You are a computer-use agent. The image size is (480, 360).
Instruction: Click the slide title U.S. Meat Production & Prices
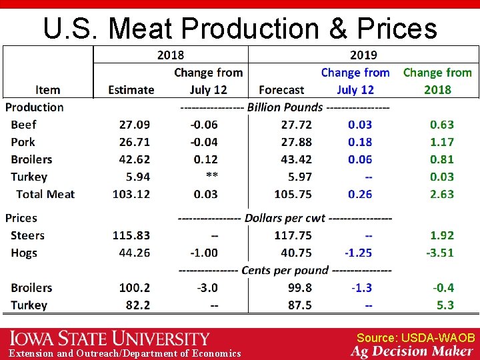tap(240, 28)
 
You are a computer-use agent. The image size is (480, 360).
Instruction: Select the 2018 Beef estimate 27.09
tap(135, 125)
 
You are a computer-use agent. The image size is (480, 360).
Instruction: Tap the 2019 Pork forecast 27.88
tap(296, 142)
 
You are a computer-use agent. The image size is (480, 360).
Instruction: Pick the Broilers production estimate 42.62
tap(135, 159)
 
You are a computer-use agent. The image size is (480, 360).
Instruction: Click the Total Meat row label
tap(45, 194)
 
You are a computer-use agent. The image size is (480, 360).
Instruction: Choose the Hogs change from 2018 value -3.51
tap(440, 253)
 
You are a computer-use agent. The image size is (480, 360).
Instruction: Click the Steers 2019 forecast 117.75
tap(293, 235)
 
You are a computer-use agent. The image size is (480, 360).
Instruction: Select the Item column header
tap(47, 90)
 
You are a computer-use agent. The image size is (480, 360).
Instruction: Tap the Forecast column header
tap(281, 90)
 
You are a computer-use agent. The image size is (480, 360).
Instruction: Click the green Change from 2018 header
tap(437, 81)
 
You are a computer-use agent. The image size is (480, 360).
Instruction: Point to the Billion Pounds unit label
tap(285, 107)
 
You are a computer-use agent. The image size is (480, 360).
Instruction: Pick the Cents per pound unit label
tap(285, 270)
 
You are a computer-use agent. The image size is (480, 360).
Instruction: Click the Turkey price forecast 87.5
tap(299, 305)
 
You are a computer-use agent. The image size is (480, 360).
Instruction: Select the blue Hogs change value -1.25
tap(358, 253)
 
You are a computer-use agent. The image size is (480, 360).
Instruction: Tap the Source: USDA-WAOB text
tap(415, 338)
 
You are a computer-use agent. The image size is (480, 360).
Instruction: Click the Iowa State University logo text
tap(109, 339)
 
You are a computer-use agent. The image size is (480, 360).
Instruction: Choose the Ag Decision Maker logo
tap(413, 351)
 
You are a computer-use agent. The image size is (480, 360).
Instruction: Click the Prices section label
tap(21, 218)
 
